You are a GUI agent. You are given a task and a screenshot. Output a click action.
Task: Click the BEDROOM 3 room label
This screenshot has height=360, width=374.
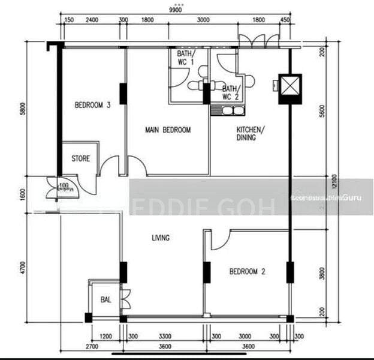pos(92,105)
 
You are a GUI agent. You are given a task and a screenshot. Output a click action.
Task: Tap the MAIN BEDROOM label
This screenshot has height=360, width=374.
pos(168,130)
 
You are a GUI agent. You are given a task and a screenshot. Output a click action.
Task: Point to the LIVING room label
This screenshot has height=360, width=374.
pos(160,238)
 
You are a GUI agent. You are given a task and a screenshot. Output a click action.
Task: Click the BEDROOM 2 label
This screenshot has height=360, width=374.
pos(247,271)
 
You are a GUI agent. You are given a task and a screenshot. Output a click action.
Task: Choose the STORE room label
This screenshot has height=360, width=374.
pos(81,159)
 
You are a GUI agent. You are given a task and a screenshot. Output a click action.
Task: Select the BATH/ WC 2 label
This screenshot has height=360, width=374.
pos(230,92)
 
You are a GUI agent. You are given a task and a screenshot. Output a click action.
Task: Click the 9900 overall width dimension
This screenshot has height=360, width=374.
pos(176,10)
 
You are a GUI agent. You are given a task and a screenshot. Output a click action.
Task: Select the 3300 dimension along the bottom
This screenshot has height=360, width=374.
pos(164,337)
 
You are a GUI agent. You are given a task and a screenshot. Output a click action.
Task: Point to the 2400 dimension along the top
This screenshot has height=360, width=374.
pos(92,20)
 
